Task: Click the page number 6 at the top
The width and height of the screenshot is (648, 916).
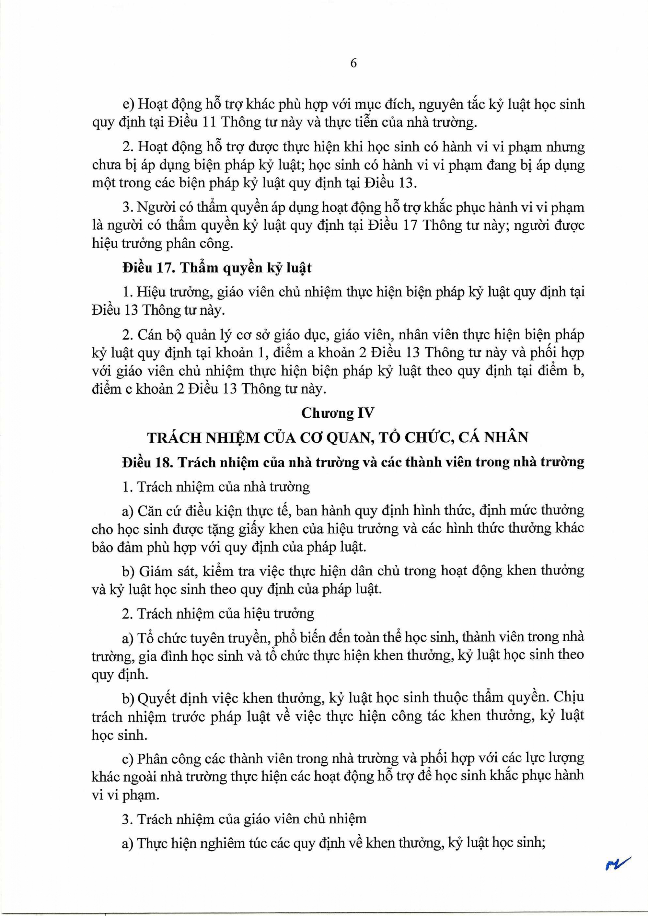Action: (x=353, y=64)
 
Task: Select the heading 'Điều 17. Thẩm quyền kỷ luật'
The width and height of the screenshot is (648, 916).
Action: (x=217, y=268)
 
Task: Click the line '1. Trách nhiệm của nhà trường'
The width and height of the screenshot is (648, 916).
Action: (x=216, y=487)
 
